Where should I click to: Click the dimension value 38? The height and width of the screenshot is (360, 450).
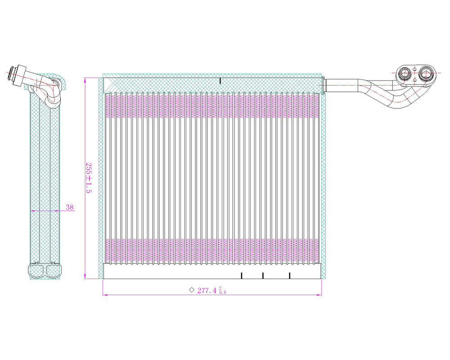pos(69,207)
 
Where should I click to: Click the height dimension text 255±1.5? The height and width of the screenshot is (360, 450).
pos(89,178)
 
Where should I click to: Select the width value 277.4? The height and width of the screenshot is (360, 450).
pos(207,291)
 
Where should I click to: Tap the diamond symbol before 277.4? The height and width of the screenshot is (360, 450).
pos(192,290)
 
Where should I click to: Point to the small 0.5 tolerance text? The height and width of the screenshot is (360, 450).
pos(223,292)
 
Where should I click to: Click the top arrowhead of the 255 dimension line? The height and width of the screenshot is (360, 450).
pos(85,80)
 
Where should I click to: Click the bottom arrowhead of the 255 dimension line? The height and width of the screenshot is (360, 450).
pos(85,276)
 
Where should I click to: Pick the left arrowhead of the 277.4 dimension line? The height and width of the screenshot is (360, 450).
pos(105,295)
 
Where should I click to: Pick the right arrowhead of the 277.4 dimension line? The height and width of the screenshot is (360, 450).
pos(319,295)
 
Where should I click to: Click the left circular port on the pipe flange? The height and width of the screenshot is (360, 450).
pos(405,73)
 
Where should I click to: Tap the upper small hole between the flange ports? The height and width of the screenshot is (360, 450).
pos(415,69)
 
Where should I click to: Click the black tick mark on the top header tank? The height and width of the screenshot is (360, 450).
pos(220,81)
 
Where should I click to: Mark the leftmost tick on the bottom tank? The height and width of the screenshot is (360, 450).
pos(242,275)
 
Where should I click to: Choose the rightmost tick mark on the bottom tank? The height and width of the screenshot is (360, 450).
pos(289,275)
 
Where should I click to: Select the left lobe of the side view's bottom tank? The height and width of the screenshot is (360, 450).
pos(36,271)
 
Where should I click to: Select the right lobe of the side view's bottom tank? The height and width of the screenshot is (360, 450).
pos(54,271)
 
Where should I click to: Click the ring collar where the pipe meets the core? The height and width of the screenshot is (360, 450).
pos(324,85)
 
